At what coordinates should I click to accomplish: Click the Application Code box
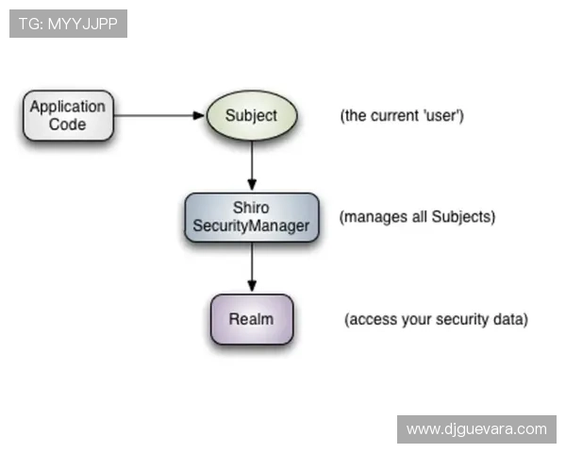(x=68, y=115)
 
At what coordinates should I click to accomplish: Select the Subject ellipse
(x=252, y=115)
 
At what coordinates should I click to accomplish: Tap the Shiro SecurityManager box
(x=251, y=217)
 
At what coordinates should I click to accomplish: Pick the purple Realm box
(x=251, y=319)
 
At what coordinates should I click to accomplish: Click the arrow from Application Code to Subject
(x=156, y=115)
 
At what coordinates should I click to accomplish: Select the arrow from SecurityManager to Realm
(x=252, y=268)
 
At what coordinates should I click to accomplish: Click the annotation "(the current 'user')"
(x=402, y=116)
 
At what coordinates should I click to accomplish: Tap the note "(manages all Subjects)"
(x=417, y=217)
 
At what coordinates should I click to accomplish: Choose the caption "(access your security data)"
(x=436, y=319)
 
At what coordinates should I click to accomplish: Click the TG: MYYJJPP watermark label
(x=68, y=24)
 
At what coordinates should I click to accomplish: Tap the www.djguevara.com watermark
(x=476, y=429)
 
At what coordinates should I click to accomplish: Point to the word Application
(x=68, y=107)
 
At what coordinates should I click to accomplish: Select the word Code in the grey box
(x=68, y=124)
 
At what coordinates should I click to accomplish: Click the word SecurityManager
(x=251, y=226)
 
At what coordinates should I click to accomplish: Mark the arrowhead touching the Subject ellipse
(x=199, y=115)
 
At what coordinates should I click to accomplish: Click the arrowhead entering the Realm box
(x=252, y=286)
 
